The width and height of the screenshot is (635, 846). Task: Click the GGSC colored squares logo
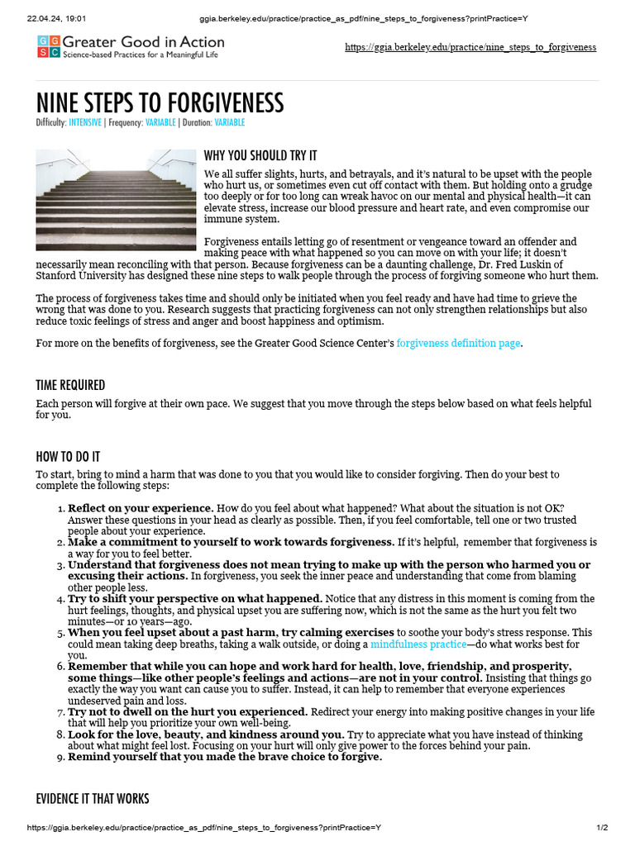48,47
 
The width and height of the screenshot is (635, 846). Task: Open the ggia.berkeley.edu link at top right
470,47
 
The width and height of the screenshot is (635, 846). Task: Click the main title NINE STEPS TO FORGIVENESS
160,103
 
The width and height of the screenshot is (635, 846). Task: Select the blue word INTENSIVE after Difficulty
85,122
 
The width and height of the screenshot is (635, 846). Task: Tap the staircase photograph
114,199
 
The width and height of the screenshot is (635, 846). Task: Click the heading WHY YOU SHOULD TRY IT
260,155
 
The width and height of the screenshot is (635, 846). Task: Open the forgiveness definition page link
458,343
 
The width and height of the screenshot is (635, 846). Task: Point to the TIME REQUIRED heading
70,385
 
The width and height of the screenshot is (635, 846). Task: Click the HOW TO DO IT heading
69,456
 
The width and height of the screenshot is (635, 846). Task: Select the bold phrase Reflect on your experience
141,507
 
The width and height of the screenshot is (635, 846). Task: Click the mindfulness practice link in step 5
418,644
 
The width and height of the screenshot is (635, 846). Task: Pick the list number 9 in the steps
60,757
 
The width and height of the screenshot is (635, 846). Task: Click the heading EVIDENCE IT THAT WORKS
93,798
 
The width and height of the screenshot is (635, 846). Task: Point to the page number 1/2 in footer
603,828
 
